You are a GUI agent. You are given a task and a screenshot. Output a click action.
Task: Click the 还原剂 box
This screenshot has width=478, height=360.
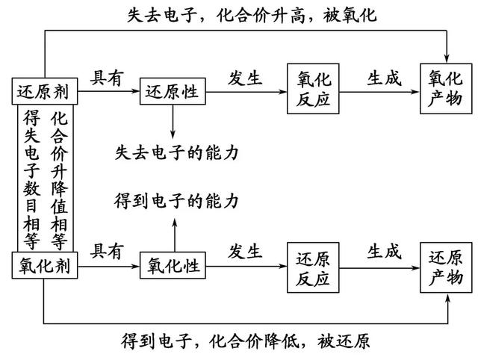45,91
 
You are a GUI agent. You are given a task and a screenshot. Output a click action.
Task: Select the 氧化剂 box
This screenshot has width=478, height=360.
45,265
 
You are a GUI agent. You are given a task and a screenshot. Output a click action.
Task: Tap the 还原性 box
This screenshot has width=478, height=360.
173,91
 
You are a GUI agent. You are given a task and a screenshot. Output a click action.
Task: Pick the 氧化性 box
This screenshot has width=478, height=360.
173,265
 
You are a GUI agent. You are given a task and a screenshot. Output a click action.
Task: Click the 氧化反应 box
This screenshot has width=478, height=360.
313,89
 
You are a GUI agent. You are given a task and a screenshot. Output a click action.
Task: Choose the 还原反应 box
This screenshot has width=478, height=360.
313,267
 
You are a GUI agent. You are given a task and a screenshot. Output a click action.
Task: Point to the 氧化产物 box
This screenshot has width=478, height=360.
446,89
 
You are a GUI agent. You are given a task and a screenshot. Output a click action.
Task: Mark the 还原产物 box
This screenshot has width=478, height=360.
446,267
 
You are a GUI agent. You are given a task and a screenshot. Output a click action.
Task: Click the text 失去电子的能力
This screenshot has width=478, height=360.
176,152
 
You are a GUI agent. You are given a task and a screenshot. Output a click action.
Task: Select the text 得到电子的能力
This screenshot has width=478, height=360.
176,201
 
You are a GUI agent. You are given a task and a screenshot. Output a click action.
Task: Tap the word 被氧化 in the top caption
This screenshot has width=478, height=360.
350,15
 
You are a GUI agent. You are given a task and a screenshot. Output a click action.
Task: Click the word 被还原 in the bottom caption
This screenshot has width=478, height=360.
344,341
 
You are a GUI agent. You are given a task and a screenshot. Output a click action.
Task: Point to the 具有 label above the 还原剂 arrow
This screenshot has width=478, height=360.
107,78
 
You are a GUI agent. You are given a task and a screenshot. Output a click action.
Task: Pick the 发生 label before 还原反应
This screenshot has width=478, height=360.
245,252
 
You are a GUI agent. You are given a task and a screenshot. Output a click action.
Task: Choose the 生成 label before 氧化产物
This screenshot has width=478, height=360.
384,78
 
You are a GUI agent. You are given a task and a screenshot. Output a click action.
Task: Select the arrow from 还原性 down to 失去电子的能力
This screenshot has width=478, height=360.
173,121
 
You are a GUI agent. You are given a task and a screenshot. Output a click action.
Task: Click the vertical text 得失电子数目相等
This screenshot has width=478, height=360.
31,180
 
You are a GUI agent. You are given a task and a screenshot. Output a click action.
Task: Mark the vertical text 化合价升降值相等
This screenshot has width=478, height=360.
59,180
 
